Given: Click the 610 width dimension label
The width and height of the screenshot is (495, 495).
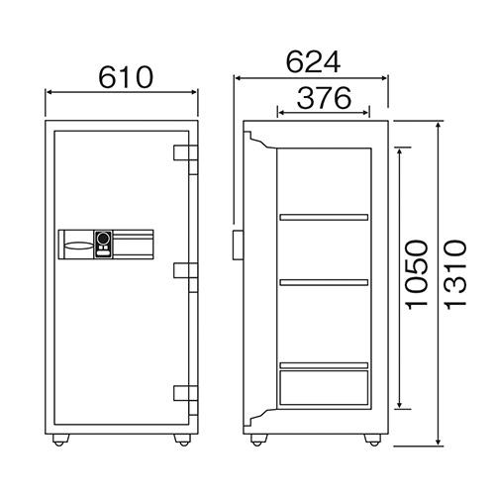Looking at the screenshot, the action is tap(126, 77).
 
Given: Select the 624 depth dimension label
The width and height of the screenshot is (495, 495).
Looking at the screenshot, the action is tap(313, 62).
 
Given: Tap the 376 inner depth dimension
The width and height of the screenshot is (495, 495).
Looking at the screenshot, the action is tap(325, 98).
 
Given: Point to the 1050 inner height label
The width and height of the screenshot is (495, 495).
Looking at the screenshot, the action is tap(417, 274).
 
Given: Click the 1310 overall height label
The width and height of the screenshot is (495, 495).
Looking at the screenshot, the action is tap(455, 274).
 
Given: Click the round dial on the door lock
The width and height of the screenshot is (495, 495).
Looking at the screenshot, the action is tap(104, 238).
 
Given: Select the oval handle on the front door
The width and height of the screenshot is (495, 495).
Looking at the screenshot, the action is tap(78, 246).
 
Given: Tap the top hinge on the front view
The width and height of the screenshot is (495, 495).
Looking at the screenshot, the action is tap(185, 159).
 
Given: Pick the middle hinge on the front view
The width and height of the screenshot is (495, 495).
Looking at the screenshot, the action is tap(185, 277).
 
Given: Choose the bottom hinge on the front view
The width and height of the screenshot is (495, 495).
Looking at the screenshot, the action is tap(185, 400).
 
